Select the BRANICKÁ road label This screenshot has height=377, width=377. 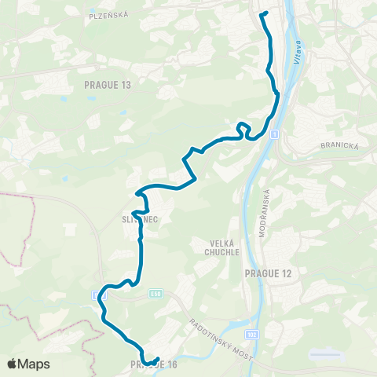pos(339,145)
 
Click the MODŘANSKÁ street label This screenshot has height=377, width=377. pos(265,213)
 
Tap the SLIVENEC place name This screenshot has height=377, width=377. pos(141,220)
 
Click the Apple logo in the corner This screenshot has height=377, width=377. pos(13,364)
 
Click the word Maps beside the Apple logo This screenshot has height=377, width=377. pos(35,364)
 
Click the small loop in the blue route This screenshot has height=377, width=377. pos(243,126)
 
